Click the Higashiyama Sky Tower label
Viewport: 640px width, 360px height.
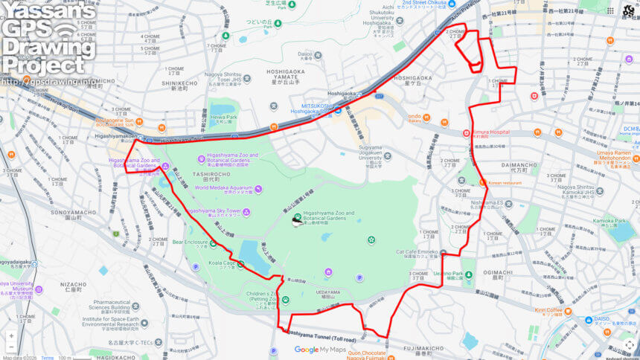[x=217, y=211]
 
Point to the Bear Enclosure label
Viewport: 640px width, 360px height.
[x=190, y=242]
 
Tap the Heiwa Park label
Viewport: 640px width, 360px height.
[x=223, y=118]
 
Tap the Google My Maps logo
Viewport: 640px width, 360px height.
[x=320, y=350]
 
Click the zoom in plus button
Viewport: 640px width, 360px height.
[x=10, y=336]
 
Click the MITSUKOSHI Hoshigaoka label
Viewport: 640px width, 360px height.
[x=310, y=109]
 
